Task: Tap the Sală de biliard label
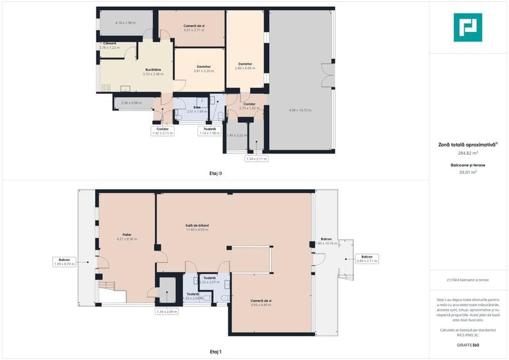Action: coord(198,226)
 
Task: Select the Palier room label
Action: coord(127,235)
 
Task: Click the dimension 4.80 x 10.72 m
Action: coord(300,110)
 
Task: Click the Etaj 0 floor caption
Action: coord(215,173)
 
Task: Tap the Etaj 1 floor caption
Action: coord(215,352)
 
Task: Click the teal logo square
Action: coord(467,27)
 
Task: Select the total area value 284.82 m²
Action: coord(467,153)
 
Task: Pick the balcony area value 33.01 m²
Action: coord(467,172)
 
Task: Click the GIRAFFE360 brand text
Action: coord(467,345)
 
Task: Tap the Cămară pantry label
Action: coord(109,43)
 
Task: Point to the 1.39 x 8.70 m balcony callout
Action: coord(64,262)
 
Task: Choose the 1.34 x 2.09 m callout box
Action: coord(168,311)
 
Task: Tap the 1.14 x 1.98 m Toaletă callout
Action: coord(210,131)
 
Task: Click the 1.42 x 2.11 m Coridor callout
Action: coord(163,131)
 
